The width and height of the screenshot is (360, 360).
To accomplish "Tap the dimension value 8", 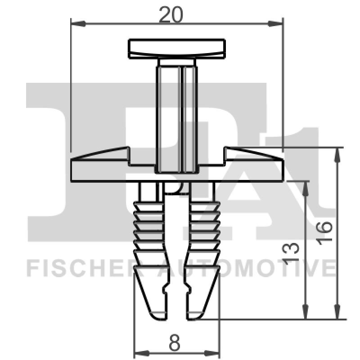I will (x=175, y=343).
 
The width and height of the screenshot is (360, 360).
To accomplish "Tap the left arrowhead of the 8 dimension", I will (x=139, y=352).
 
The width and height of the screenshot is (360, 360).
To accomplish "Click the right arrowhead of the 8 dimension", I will (x=215, y=352).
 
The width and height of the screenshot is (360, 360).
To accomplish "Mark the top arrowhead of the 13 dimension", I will (x=306, y=186).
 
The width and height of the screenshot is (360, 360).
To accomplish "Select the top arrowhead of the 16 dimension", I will (x=337, y=153).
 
